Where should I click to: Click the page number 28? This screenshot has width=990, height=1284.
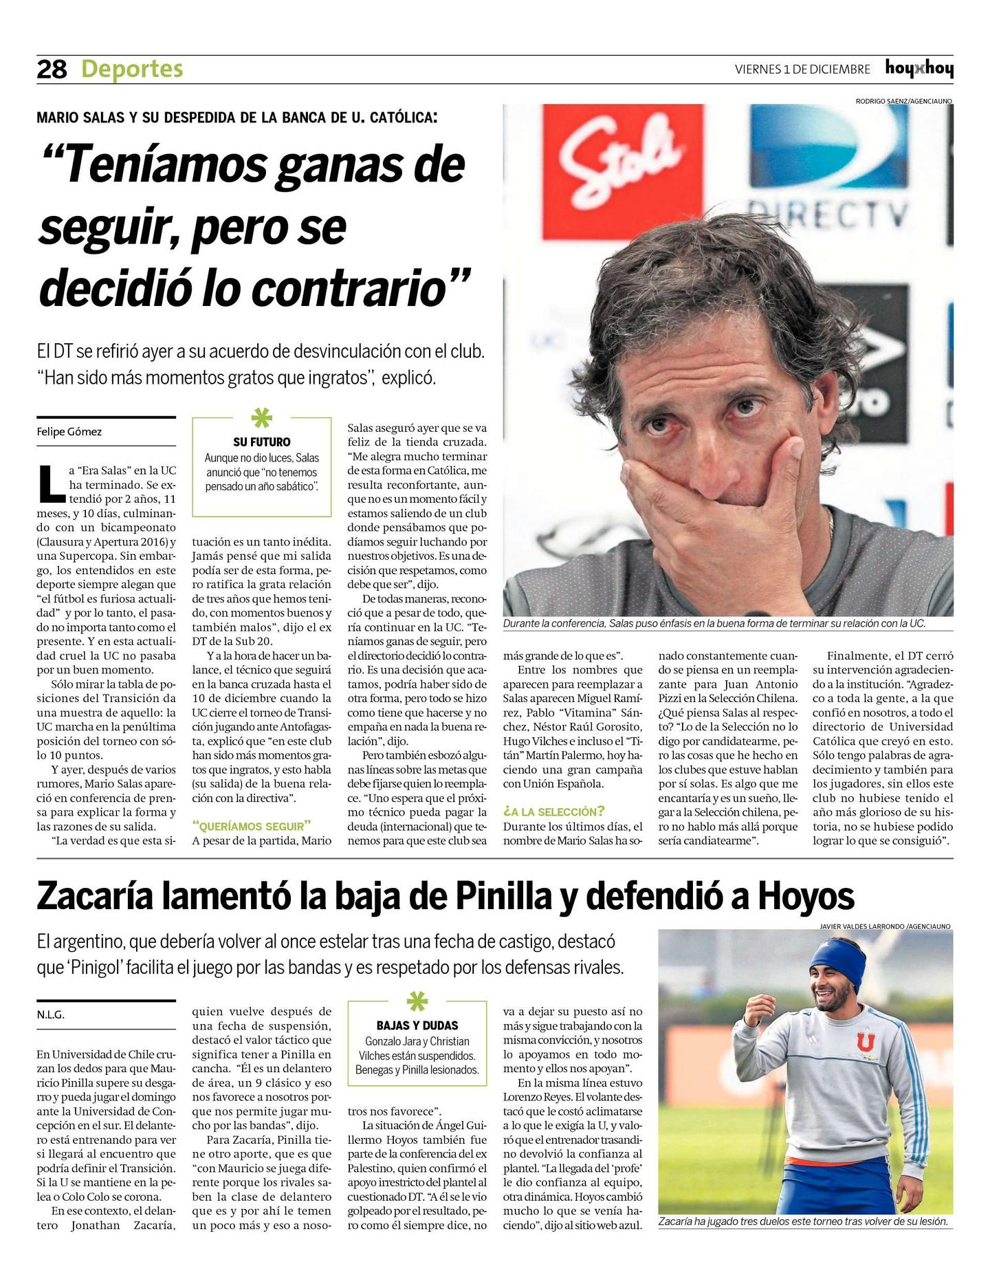[x=52, y=69]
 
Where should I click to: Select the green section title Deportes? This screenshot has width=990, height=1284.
[x=132, y=69]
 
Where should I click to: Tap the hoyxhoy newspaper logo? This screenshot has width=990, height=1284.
[x=918, y=69]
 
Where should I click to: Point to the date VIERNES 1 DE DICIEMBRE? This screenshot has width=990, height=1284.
[x=802, y=69]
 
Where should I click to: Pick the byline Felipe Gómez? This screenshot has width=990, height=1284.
[x=69, y=432]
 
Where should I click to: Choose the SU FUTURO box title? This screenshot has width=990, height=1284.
[x=262, y=442]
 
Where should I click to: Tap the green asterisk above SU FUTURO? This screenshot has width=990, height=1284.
[x=262, y=418]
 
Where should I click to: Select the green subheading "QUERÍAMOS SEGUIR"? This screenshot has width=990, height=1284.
[x=252, y=826]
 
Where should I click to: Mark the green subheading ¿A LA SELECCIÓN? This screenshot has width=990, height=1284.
[x=554, y=812]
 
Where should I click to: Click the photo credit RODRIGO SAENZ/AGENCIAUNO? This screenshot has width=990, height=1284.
[x=903, y=101]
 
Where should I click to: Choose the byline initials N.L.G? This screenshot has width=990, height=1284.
[x=51, y=1015]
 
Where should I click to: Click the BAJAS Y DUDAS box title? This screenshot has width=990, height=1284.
[x=417, y=1025]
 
